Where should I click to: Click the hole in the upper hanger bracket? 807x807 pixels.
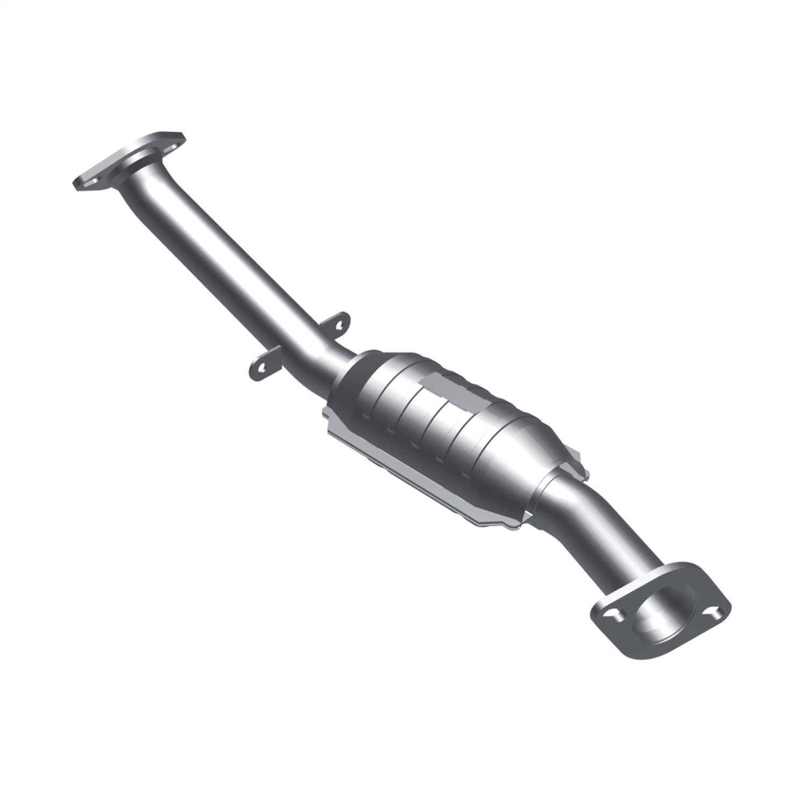pyautogui.click(x=338, y=324)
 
